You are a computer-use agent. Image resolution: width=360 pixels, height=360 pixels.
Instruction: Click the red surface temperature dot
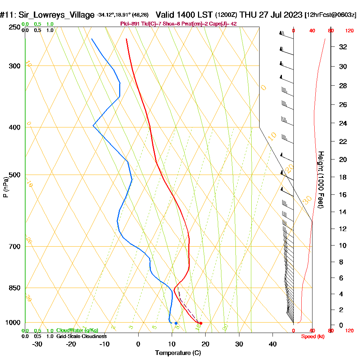point(201,323)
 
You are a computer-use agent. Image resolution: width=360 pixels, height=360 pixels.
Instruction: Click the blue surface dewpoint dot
point(176,323)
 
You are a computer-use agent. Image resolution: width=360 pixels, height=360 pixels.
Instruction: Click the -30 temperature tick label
point(37,344)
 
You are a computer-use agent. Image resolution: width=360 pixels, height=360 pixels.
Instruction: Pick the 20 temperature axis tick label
point(206,344)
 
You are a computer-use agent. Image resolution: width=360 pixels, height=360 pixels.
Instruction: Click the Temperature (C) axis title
point(178,353)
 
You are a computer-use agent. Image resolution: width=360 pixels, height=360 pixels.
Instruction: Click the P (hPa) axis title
point(5,187)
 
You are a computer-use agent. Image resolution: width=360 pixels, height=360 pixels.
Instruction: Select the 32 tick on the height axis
point(343,47)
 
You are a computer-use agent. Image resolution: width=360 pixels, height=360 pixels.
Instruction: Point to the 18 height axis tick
point(343,177)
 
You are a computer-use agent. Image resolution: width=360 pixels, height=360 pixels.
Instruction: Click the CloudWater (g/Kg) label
point(77,330)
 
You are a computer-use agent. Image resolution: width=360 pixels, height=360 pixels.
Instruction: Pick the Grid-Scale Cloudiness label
point(81,336)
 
